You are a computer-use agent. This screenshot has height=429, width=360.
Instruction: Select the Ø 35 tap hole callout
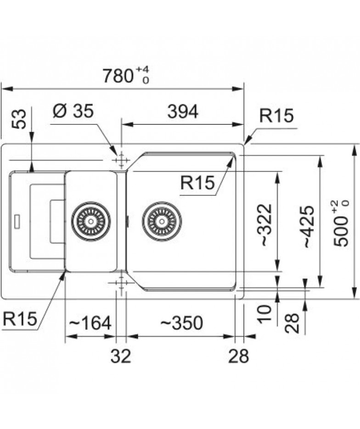73,111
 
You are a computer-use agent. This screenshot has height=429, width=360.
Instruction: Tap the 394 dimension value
183,111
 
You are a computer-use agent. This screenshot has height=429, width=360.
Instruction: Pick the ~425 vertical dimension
309,227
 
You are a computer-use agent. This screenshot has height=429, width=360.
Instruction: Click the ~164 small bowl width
90,323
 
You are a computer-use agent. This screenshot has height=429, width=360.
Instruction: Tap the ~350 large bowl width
181,323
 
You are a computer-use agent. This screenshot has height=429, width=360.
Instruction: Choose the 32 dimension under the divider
121,356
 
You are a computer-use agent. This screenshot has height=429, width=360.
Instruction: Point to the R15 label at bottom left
20,319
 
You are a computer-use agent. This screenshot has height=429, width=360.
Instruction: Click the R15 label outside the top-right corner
276,115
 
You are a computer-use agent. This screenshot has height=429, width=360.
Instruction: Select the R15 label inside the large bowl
197,183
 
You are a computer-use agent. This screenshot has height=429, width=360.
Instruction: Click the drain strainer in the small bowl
91,221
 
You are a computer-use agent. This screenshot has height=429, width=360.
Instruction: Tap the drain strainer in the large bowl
162,221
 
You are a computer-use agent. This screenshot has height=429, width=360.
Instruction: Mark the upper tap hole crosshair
121,161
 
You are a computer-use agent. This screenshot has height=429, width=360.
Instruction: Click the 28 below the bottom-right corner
238,356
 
